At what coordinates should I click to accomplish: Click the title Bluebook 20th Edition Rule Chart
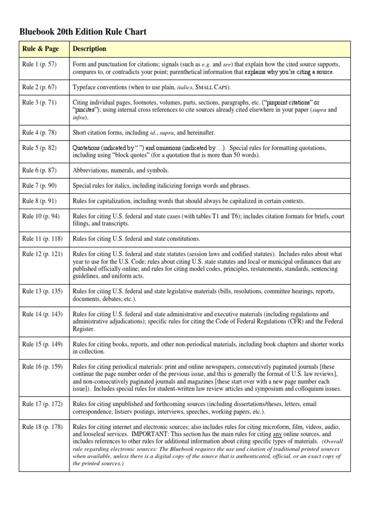click(83, 32)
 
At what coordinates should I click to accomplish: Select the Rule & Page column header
click(40, 49)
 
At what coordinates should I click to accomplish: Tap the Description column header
click(90, 49)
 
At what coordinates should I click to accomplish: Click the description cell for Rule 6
click(121, 171)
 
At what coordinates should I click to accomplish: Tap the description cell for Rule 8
click(189, 201)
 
